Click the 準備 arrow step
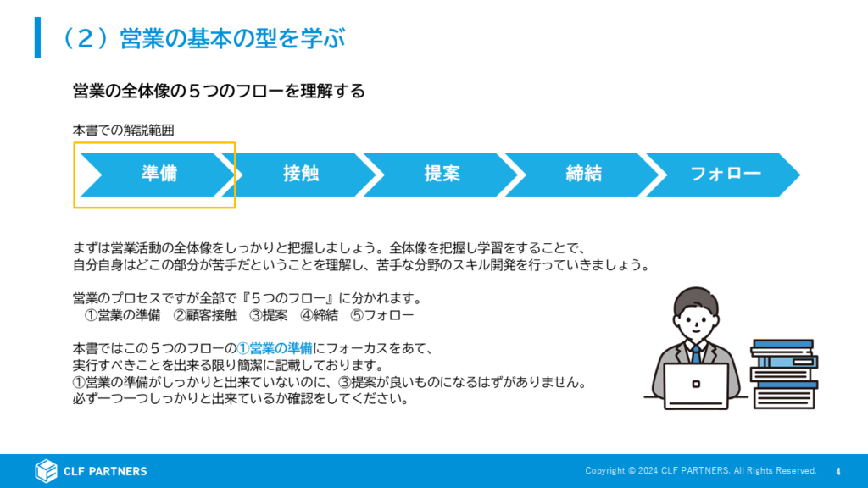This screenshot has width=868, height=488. (x=158, y=175)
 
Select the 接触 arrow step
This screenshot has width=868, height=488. (x=299, y=175)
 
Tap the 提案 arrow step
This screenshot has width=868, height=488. (x=441, y=175)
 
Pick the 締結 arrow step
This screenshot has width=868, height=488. (x=582, y=175)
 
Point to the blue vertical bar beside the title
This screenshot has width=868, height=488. (x=37, y=37)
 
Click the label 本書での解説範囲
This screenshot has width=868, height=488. (x=124, y=130)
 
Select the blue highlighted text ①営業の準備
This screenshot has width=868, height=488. (x=275, y=348)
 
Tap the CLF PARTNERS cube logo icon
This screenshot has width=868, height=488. (x=46, y=471)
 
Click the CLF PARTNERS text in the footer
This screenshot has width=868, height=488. (x=105, y=471)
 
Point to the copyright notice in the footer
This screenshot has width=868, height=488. (x=701, y=471)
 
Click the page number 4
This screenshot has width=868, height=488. (x=838, y=471)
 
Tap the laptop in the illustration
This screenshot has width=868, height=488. (x=696, y=386)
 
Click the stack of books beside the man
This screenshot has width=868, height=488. (x=784, y=374)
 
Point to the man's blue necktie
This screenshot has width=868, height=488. (x=696, y=353)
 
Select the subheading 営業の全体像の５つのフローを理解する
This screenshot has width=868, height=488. (x=219, y=91)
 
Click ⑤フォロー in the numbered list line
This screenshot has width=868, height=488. (x=382, y=315)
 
